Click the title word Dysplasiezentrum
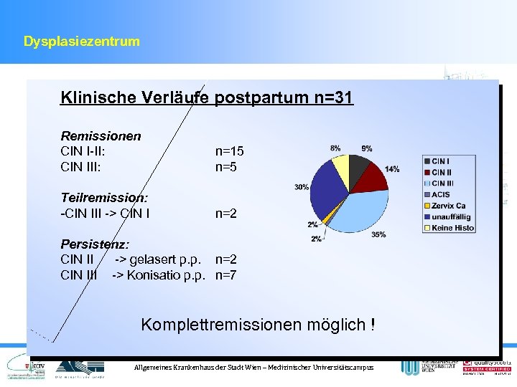tap(81, 42)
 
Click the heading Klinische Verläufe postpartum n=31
tap(207, 97)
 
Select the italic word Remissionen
tap(101, 135)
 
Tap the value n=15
tap(230, 151)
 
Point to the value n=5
tap(226, 167)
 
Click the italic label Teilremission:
tap(104, 197)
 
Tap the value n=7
tap(226, 275)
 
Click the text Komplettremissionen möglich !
tap(258, 325)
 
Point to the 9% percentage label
tap(367, 148)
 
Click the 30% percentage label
tap(302, 187)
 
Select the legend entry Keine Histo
tap(452, 228)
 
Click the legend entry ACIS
tap(441, 194)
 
